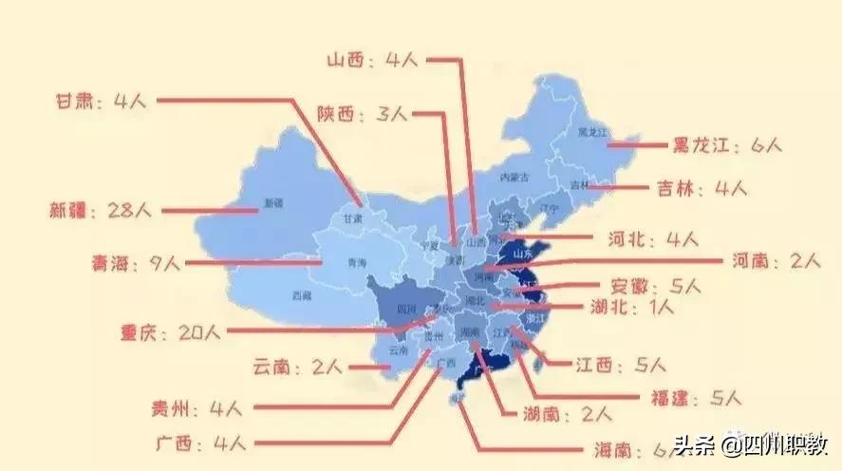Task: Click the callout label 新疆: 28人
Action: pos(93,210)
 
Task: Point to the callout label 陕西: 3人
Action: pos(362,114)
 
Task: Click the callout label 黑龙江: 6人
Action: pos(726,146)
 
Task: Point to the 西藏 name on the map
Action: pos(302,295)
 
